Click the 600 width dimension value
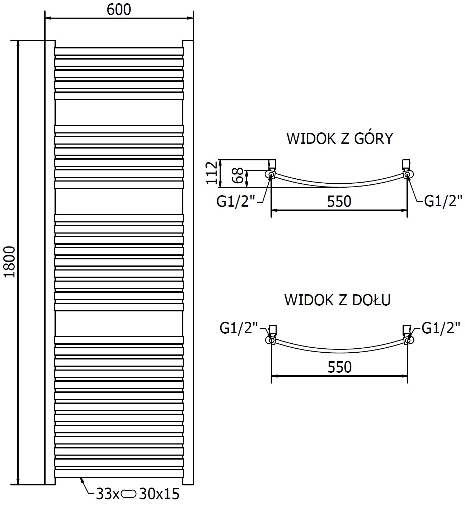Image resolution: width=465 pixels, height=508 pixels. (x=119, y=10)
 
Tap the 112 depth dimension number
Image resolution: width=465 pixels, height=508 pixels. (x=211, y=173)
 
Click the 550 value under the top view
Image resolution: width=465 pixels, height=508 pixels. (x=339, y=202)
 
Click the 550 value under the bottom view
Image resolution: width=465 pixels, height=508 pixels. (x=339, y=367)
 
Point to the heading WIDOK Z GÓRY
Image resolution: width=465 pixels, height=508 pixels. (x=339, y=138)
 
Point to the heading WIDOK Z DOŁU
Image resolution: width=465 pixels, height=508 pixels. (x=337, y=300)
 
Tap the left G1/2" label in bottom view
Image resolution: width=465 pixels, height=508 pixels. (x=239, y=328)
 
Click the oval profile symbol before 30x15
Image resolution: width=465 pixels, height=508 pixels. (x=129, y=494)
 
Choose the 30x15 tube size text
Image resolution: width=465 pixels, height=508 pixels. (x=158, y=494)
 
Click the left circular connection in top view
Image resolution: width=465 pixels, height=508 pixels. (x=270, y=175)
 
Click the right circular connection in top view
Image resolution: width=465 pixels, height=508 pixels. (x=407, y=175)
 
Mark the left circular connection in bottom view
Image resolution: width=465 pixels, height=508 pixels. (x=270, y=340)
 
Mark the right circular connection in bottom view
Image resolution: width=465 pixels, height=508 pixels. (x=408, y=340)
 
